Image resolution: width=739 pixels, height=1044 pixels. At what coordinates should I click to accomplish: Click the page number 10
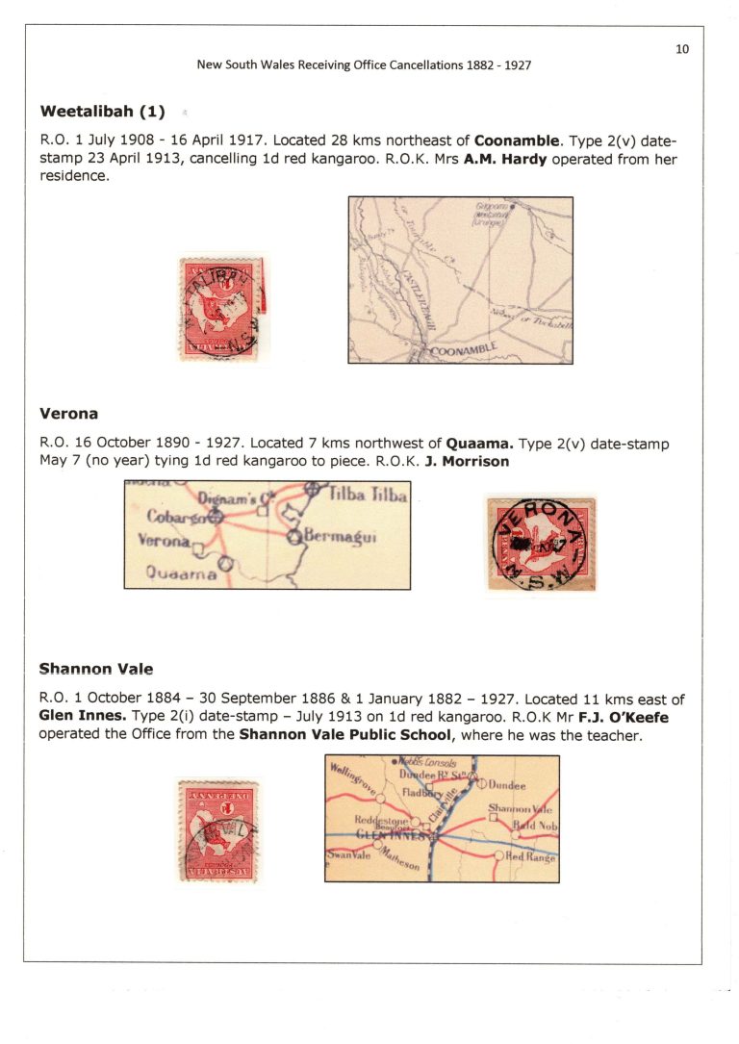point(681,49)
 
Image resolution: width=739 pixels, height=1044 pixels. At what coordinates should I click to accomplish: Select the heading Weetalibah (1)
point(103,111)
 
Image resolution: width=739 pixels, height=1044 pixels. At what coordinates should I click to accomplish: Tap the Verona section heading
point(69,415)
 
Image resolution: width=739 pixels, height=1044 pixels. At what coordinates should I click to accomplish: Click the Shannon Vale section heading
point(96,669)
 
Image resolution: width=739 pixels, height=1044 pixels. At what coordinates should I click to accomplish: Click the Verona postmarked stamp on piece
point(541,543)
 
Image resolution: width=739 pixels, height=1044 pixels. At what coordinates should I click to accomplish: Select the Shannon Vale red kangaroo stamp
point(217,830)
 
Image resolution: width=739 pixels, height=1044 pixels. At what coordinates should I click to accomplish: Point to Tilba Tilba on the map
point(369,496)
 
